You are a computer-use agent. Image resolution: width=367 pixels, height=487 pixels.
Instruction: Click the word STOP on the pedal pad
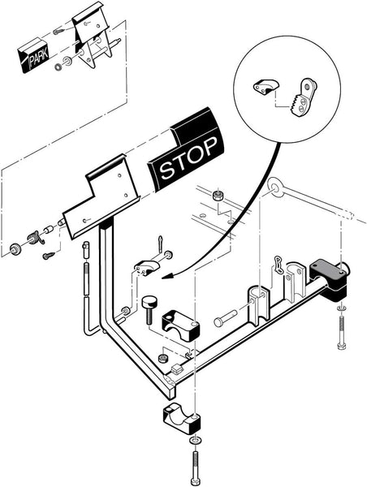188,158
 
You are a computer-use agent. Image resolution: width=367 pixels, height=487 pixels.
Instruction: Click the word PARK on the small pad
38,58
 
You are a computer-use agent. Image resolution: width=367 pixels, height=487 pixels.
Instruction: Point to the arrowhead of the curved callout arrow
167,275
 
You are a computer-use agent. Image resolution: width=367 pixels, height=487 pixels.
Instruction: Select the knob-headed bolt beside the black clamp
149,310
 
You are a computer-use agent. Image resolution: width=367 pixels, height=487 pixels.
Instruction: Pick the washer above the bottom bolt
195,441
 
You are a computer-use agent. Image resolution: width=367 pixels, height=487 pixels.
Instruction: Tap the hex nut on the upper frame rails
217,196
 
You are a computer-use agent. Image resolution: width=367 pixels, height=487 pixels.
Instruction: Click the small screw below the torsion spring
49,256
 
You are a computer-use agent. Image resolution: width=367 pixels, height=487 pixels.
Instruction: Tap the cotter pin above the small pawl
160,243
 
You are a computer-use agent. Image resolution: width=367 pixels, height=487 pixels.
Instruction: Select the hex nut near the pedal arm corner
163,358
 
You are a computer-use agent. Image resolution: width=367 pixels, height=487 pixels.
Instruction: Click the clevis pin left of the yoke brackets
225,318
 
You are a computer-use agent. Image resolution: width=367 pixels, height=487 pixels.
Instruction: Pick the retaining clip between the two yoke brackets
278,265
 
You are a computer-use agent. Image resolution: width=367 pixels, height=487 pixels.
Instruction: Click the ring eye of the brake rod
275,187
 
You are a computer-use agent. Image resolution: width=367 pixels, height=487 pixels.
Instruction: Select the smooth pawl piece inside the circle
266,87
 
